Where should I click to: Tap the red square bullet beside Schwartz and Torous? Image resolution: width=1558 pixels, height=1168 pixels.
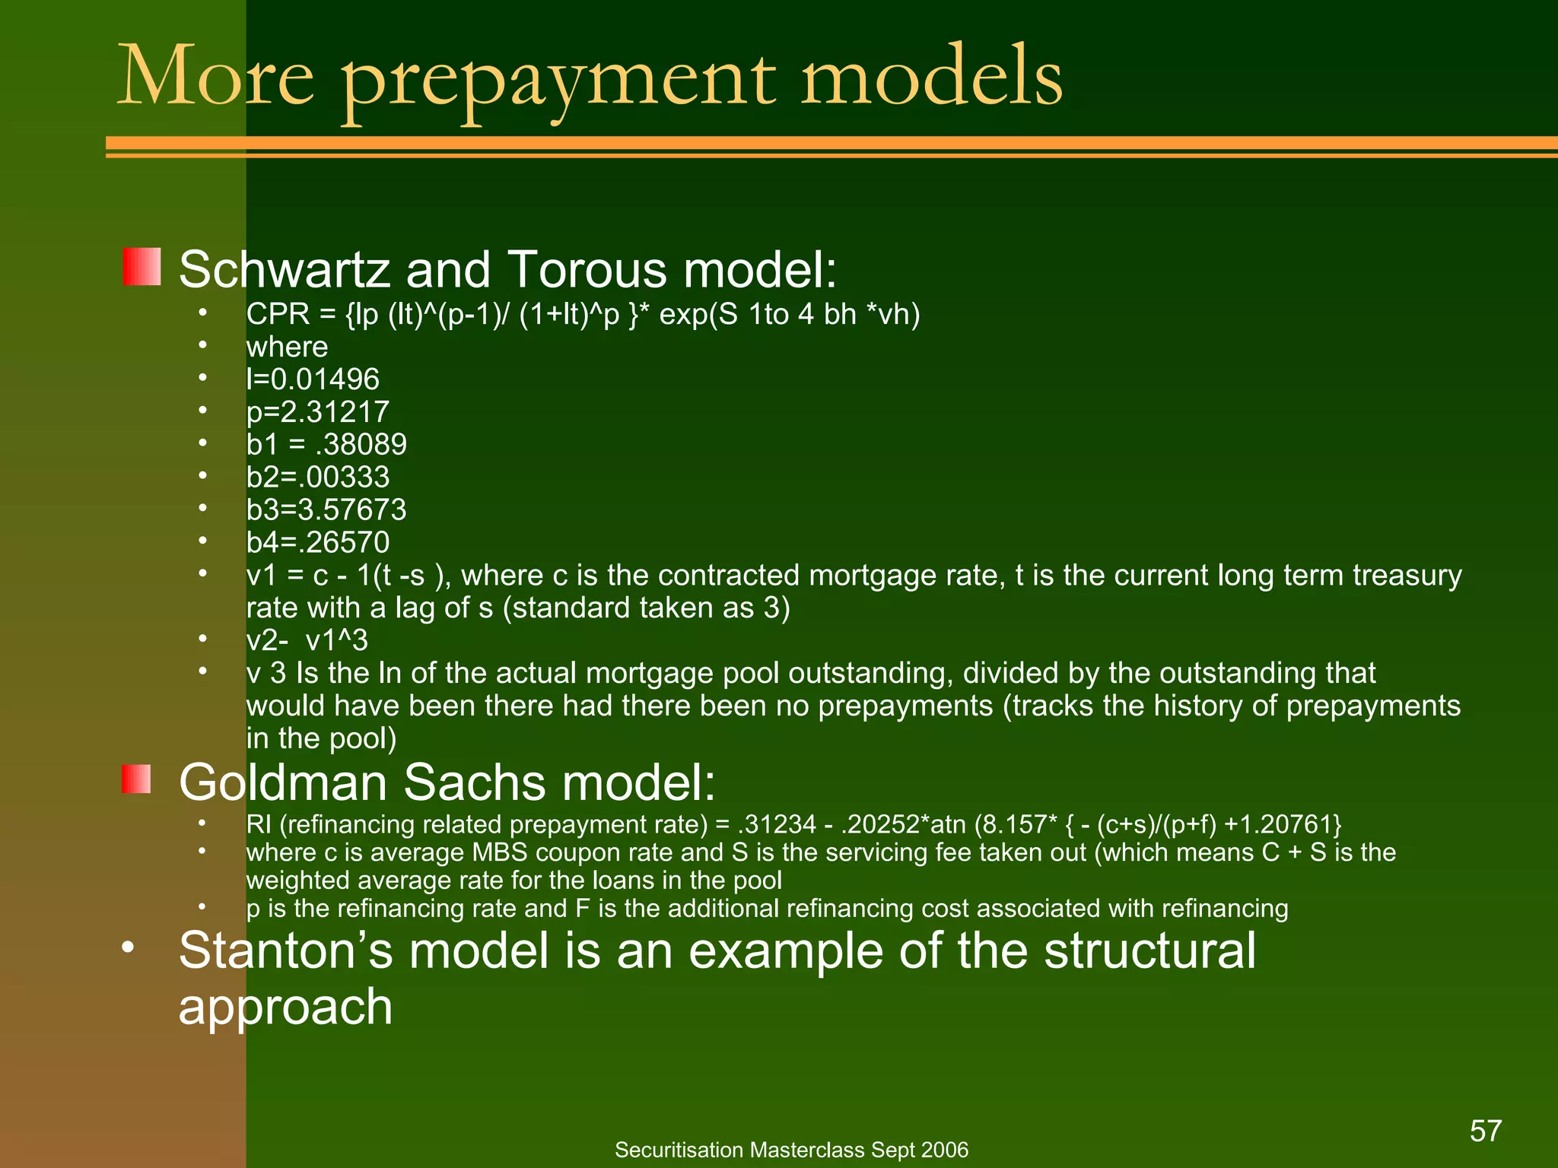coord(141,267)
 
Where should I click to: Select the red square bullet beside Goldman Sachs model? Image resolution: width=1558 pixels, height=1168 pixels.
coord(136,779)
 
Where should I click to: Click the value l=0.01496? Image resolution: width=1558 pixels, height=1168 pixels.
coord(313,379)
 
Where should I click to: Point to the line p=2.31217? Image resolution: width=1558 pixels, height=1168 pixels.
coord(317,412)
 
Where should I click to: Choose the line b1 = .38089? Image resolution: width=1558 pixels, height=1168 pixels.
coord(326,444)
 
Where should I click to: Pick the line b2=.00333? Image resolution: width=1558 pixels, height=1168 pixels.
coord(317,477)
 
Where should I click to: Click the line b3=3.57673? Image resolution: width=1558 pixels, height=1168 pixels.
coord(326,509)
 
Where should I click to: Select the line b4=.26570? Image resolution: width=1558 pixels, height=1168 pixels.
coord(317,542)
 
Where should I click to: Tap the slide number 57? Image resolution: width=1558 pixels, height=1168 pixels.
coord(1485,1131)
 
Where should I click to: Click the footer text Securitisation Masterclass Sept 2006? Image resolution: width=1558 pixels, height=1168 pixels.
coord(791,1150)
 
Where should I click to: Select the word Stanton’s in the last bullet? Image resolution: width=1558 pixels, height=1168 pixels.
coord(285,951)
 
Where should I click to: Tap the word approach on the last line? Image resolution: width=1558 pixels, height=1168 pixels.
coord(285,1007)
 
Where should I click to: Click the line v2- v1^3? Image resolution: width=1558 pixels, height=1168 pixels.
coord(307,640)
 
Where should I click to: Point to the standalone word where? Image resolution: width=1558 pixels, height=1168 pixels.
coord(287,348)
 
